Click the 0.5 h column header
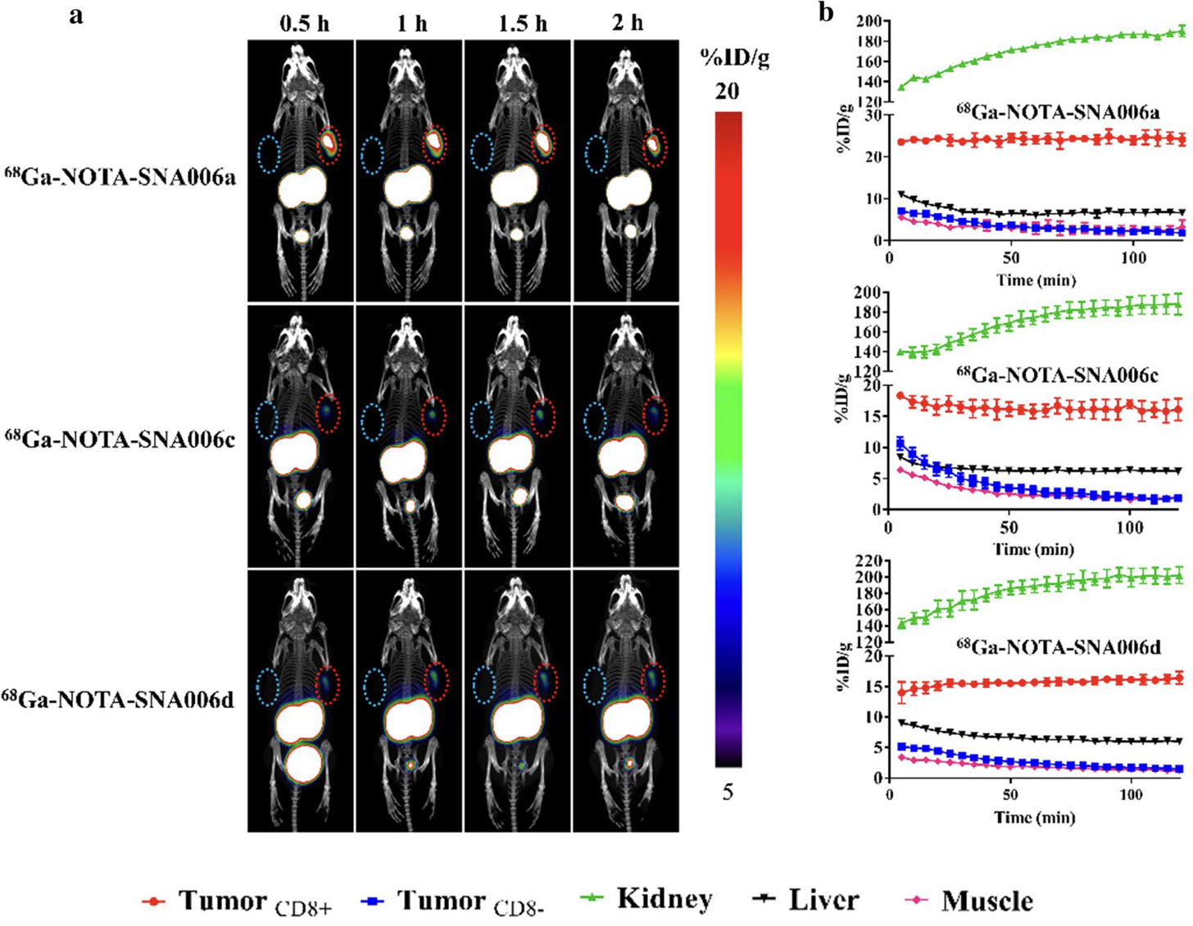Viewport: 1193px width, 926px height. click(304, 23)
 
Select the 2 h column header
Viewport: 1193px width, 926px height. click(628, 23)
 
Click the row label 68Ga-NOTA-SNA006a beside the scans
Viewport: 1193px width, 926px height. click(120, 175)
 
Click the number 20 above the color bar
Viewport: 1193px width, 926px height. click(727, 91)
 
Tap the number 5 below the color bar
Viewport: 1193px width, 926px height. click(728, 792)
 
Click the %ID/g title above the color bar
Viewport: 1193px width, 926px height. click(734, 58)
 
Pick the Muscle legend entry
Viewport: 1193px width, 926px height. click(973, 901)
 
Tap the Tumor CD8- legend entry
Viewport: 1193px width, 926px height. click(453, 901)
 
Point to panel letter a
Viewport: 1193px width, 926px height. click(76, 14)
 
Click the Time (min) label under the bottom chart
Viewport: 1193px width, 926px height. click(1034, 817)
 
